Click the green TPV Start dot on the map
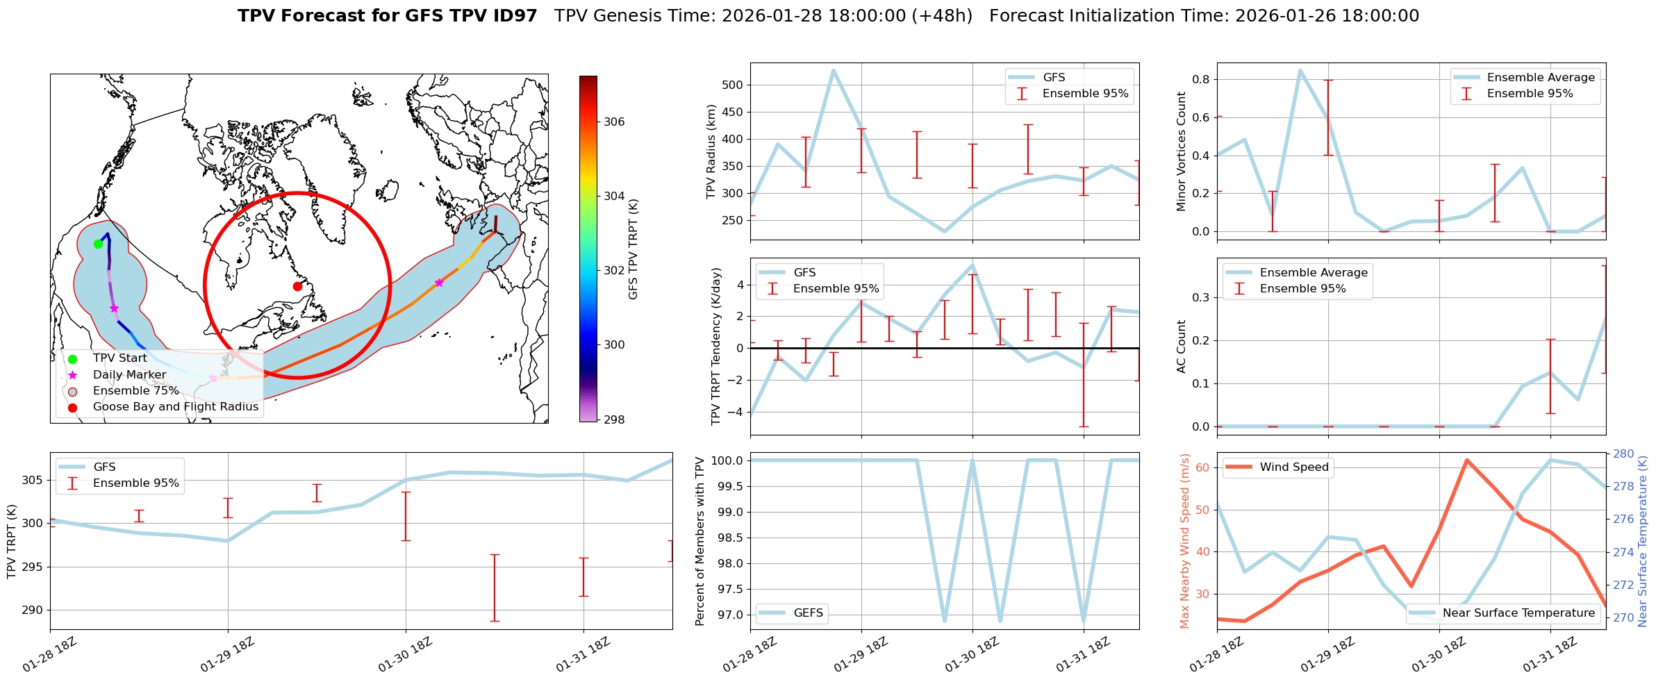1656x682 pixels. point(98,244)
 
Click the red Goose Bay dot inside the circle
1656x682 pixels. point(297,286)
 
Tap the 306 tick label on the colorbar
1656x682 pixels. point(614,122)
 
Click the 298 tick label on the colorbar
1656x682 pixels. point(614,419)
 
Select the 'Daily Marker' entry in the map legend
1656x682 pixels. point(129,375)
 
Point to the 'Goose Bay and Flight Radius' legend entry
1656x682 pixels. point(175,407)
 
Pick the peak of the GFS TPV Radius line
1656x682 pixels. point(834,70)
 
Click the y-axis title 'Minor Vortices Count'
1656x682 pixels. point(1182,151)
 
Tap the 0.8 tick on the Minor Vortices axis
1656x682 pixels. point(1200,79)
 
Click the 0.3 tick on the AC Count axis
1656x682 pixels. point(1200,297)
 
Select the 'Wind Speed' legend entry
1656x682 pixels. point(1293,467)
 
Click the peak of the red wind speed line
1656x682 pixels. point(1466,460)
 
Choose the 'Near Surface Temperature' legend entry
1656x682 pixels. point(1518,613)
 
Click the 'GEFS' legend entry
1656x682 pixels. point(808,613)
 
